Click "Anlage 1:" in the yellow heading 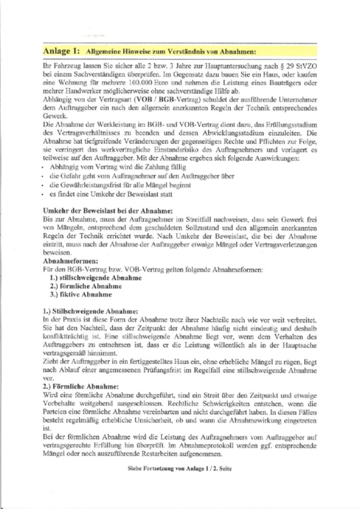(60, 50)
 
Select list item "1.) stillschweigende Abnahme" (96, 278)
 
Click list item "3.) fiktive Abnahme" (81, 295)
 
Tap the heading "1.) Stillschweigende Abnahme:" (90, 311)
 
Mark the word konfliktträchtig (63, 336)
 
